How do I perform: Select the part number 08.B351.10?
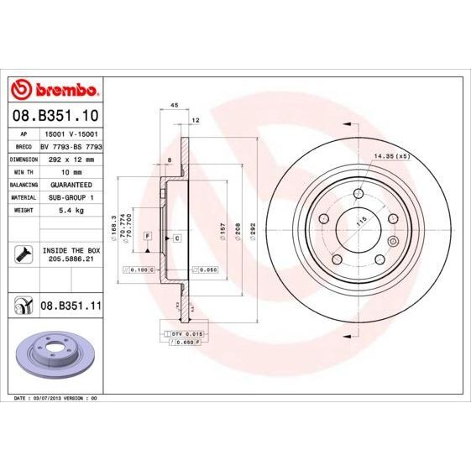point(55,114)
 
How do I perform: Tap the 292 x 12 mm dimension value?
point(71,158)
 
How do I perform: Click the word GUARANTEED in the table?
point(71,183)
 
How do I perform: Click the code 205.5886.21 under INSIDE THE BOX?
point(71,260)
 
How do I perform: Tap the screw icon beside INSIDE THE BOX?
point(22,254)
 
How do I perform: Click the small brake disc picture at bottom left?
point(53,353)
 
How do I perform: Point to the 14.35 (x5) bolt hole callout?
point(391,156)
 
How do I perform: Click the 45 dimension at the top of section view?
point(175,106)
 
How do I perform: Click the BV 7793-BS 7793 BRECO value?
point(71,145)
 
